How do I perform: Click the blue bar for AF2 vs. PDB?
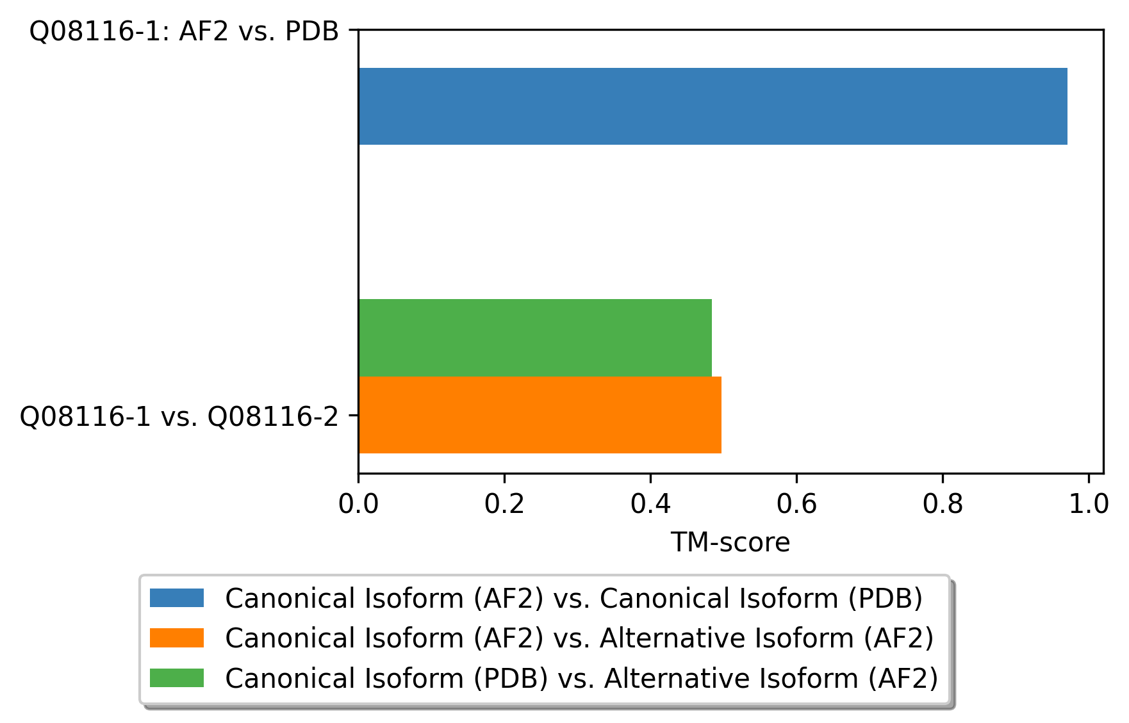click(713, 106)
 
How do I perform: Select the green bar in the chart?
click(535, 337)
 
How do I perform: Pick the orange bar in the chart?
click(540, 415)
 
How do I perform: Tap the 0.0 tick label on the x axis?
click(358, 505)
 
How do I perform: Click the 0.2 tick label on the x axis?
click(504, 505)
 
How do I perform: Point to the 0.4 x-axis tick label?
click(650, 505)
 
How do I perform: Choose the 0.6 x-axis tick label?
click(796, 505)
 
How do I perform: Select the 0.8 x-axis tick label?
click(943, 505)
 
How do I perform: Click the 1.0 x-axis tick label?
click(1089, 505)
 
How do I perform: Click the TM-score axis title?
click(730, 542)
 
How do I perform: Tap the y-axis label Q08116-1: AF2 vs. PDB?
click(185, 31)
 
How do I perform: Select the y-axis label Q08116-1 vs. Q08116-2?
click(179, 417)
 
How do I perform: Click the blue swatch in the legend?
click(177, 598)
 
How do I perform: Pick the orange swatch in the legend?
click(177, 638)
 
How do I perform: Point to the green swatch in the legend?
click(177, 678)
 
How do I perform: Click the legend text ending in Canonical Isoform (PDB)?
click(574, 599)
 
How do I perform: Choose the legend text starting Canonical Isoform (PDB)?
click(582, 678)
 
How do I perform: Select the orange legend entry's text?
click(580, 638)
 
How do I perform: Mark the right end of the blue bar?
click(1068, 106)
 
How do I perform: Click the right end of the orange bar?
click(721, 415)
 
